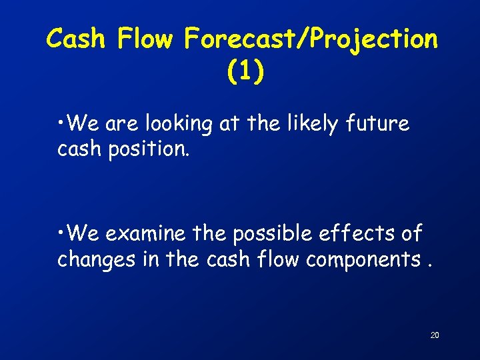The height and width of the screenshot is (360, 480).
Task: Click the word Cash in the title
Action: tap(77, 40)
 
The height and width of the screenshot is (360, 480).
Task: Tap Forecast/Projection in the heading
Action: tap(311, 40)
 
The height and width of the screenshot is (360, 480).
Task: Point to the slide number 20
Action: tap(434, 335)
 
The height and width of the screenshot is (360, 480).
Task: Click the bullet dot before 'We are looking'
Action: tap(61, 123)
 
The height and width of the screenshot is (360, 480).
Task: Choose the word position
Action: tap(148, 149)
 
